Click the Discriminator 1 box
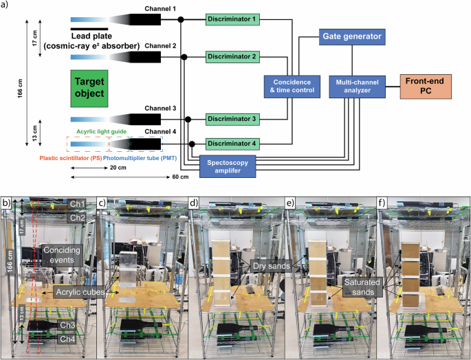click(234, 20)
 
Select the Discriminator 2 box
click(234, 56)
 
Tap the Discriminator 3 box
click(234, 119)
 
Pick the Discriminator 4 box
click(234, 144)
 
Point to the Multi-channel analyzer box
click(354, 87)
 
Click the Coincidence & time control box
click(289, 87)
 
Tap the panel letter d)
click(194, 203)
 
